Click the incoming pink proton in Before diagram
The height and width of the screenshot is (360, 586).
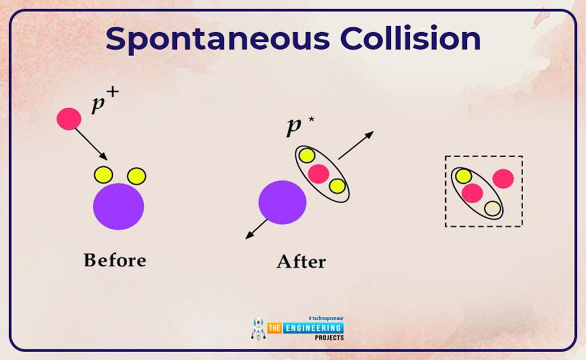(69, 118)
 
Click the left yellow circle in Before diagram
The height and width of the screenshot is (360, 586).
(103, 174)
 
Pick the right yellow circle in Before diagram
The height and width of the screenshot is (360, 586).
(136, 176)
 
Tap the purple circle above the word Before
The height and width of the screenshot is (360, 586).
(118, 206)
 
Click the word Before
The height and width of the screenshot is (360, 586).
(114, 260)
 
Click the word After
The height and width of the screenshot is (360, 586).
(301, 262)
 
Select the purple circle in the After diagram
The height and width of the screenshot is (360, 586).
(282, 202)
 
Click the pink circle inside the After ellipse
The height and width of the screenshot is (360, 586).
(318, 172)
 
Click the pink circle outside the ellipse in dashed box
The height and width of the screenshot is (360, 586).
(503, 179)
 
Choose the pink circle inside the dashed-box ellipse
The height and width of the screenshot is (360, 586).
(472, 193)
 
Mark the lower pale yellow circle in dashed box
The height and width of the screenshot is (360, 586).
(492, 208)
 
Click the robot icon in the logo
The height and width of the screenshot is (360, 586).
(258, 329)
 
